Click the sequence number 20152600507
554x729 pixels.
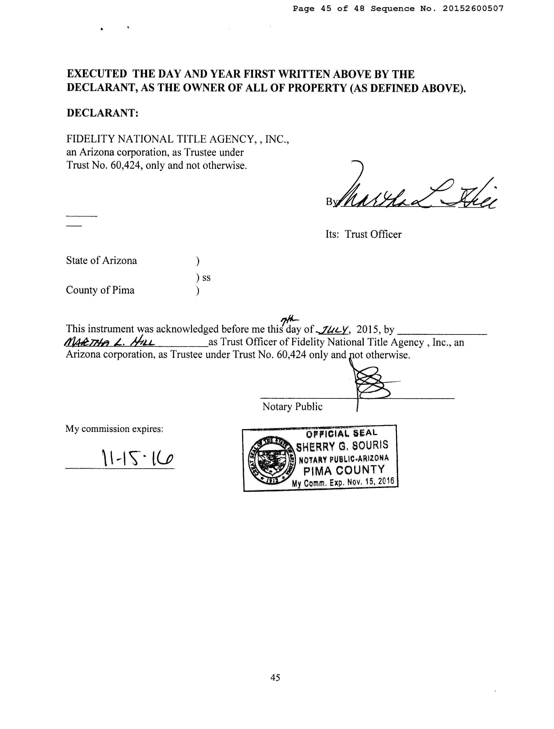[x=473, y=9]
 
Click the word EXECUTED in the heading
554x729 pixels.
[x=97, y=74]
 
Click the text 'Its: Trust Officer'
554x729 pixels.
[x=364, y=234]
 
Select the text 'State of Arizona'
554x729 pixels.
[x=102, y=260]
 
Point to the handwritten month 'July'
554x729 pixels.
[x=332, y=329]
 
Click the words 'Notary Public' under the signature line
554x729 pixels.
[x=292, y=407]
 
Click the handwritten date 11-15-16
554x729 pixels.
[x=137, y=458]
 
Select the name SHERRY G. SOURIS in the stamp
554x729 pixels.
[x=342, y=446]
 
